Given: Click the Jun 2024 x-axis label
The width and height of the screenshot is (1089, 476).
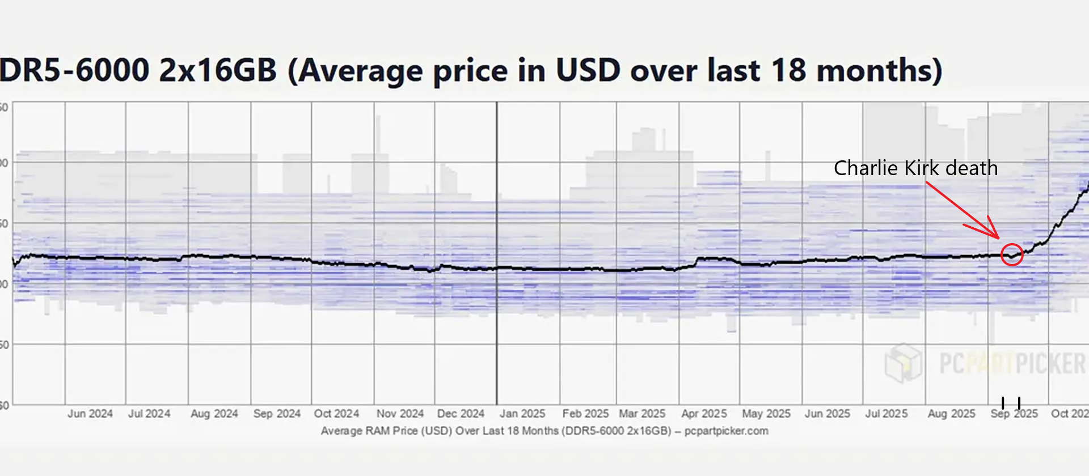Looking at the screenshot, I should pos(90,414).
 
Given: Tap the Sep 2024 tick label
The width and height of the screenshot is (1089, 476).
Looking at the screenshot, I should pos(277,414).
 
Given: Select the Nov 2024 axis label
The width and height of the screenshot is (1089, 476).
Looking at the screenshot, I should pos(400,414).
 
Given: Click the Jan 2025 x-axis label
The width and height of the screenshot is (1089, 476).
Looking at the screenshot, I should pos(522,414).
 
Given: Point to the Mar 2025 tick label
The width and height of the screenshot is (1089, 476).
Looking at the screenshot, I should pos(642,414).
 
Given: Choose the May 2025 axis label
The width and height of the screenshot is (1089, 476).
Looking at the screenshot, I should pos(766,414).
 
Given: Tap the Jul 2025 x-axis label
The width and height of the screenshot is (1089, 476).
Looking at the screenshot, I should pos(886,414).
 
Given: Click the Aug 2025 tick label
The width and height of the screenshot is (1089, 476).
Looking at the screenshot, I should pos(951,414).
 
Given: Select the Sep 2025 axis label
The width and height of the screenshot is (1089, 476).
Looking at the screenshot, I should pos(1014,414).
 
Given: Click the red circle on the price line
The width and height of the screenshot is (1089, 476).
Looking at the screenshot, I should pos(1012,254).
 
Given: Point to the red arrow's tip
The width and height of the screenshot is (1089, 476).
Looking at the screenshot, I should pos(998,237).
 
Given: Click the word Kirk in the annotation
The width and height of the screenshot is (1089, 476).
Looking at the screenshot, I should pos(922,168).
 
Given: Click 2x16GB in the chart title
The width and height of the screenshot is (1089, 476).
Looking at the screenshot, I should pos(218,71).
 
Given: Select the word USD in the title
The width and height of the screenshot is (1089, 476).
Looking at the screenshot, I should pos(588,71).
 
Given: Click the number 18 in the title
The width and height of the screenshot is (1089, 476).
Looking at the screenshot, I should pos(788,71).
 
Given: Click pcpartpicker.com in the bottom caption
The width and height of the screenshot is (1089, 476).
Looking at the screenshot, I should pos(726,431).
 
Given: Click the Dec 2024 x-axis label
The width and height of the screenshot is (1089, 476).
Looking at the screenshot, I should pos(461,414).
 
